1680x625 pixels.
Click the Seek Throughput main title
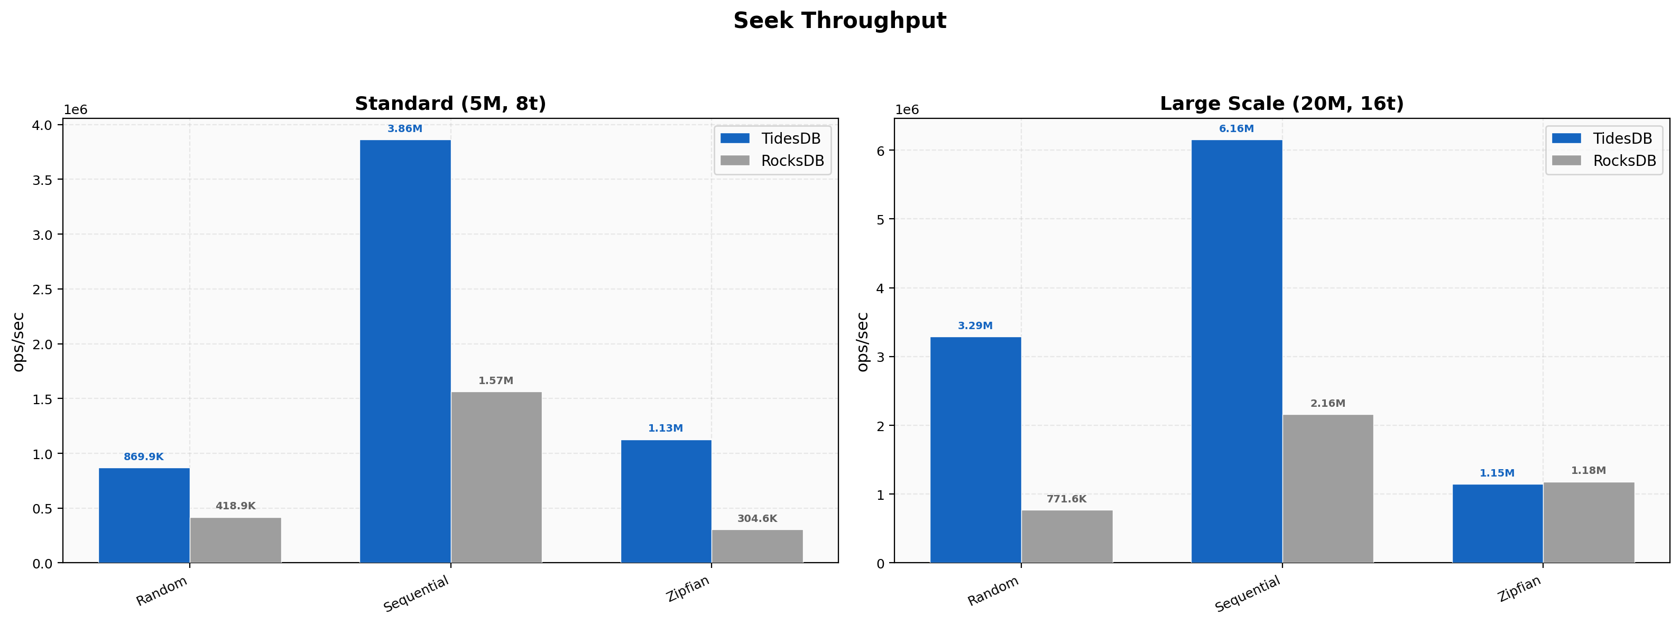click(839, 21)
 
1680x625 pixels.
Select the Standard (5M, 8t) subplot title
click(450, 104)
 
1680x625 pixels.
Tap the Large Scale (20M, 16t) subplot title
click(1281, 104)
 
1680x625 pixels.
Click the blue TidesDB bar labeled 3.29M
click(976, 450)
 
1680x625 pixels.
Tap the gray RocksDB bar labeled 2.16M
click(1328, 488)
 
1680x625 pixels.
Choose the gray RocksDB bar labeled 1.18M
click(1589, 522)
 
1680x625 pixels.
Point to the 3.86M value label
click(405, 129)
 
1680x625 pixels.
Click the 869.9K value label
click(143, 457)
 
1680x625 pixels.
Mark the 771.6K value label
click(1066, 499)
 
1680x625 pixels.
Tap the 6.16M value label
click(1236, 129)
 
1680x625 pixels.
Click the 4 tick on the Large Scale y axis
click(880, 288)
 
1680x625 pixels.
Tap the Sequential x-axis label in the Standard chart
click(417, 594)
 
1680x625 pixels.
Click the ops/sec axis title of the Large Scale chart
click(862, 342)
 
